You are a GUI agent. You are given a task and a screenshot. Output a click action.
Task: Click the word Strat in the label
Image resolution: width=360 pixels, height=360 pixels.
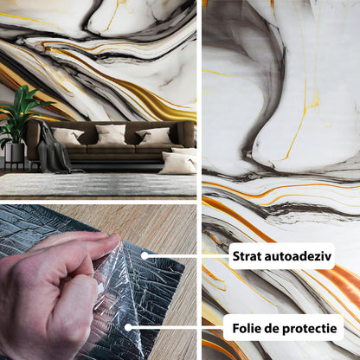247,256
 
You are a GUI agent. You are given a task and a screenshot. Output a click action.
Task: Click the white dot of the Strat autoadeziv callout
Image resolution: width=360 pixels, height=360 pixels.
145,256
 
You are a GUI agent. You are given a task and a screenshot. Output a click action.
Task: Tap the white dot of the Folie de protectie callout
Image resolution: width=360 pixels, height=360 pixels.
128,327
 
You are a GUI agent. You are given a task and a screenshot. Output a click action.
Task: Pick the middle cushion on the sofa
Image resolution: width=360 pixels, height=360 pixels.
111,134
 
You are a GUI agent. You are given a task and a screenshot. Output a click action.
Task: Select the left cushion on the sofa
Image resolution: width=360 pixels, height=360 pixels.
67,136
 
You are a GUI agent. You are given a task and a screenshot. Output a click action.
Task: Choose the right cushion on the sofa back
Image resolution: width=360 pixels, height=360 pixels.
154,136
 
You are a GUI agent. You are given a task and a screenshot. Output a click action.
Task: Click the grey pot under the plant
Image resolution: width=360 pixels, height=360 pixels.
15,152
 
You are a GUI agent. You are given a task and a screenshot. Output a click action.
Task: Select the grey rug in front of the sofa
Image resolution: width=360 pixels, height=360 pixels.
98,184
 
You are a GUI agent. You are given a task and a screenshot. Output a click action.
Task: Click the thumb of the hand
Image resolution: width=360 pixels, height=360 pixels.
84,241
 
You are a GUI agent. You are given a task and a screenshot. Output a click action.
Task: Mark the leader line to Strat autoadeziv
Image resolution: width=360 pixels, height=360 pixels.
188,256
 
